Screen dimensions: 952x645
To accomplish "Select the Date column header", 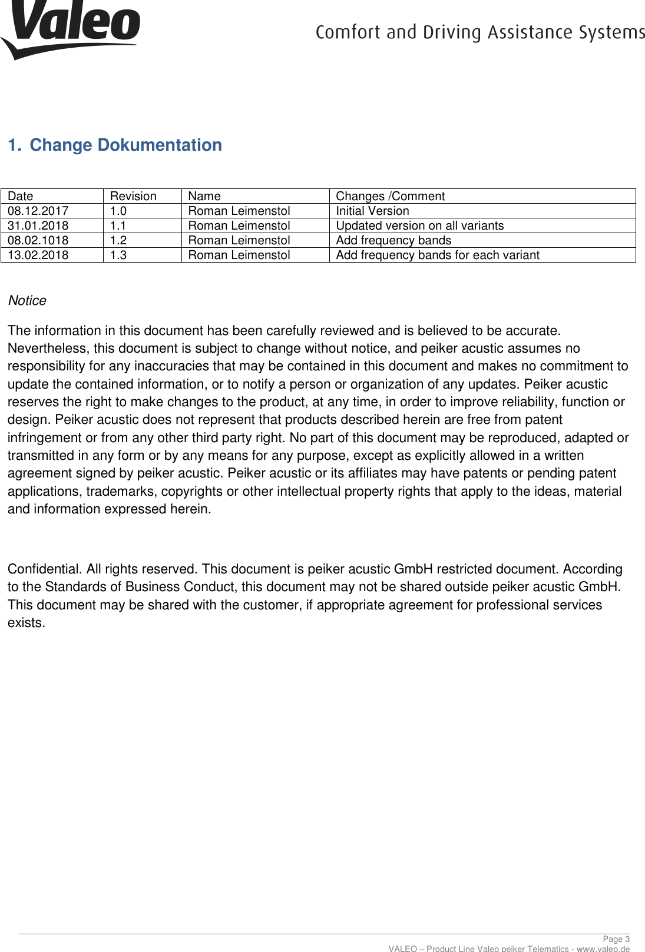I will point(21,196).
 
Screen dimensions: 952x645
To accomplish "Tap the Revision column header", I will point(133,196).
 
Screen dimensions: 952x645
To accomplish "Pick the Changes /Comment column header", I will point(390,196).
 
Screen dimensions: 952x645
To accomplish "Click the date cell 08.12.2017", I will point(38,211).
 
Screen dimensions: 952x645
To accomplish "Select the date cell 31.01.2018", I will point(38,225).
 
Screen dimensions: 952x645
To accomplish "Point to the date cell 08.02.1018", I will point(38,240).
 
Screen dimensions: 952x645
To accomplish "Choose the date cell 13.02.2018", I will point(38,255).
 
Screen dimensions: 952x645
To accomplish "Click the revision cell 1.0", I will point(118,211).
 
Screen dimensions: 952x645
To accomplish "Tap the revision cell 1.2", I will point(118,240).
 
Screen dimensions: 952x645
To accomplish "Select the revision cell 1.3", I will point(118,255).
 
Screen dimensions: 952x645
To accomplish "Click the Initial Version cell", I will point(372,211).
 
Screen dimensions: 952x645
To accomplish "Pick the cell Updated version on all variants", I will point(419,225).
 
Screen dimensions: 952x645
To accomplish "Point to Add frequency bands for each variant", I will point(437,255).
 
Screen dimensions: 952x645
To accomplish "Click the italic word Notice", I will point(27,301).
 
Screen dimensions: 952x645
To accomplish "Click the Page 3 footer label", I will point(616,939).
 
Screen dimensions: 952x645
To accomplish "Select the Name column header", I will point(204,196).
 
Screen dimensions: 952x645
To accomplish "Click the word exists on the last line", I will point(25,623).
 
